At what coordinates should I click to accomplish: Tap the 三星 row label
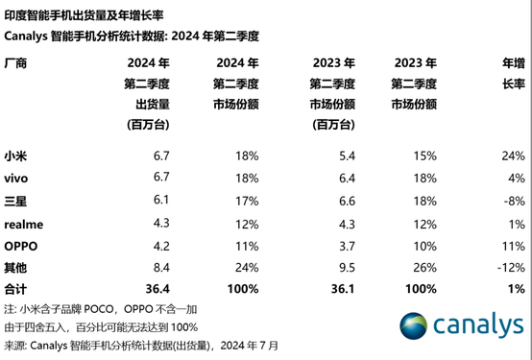pyautogui.click(x=17, y=201)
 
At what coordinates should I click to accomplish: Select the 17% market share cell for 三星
pyautogui.click(x=248, y=201)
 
